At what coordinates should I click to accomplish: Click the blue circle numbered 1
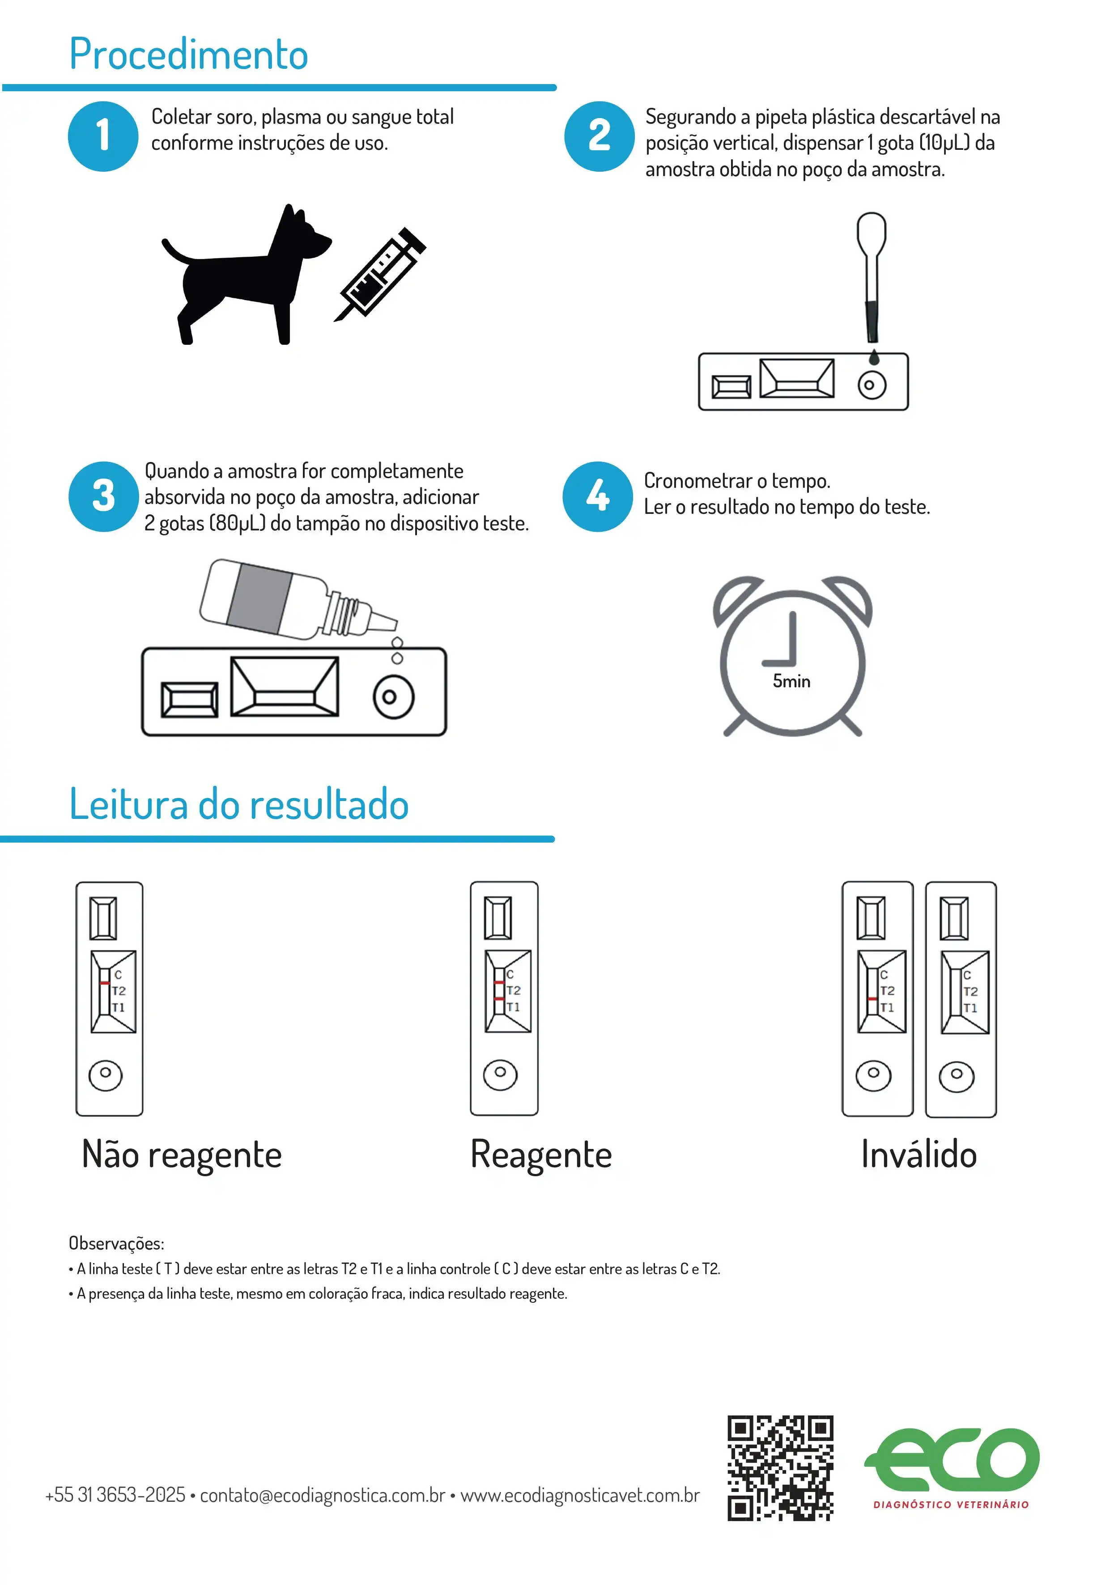click(103, 136)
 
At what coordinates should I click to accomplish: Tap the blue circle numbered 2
click(599, 136)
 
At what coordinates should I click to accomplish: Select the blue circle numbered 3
click(104, 496)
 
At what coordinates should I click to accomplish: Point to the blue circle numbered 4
click(597, 496)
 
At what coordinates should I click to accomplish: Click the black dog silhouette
click(242, 276)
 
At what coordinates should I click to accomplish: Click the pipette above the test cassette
click(871, 276)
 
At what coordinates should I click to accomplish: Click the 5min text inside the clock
click(791, 681)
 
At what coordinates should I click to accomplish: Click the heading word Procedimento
click(188, 55)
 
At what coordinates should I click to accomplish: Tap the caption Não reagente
click(182, 1154)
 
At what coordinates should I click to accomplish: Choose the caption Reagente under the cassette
click(541, 1154)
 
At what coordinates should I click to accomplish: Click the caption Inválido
click(919, 1154)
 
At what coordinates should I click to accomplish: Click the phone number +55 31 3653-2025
click(115, 1495)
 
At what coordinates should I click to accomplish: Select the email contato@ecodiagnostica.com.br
click(323, 1495)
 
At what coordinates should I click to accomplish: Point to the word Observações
click(116, 1243)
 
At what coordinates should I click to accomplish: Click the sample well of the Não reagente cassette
click(106, 1075)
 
